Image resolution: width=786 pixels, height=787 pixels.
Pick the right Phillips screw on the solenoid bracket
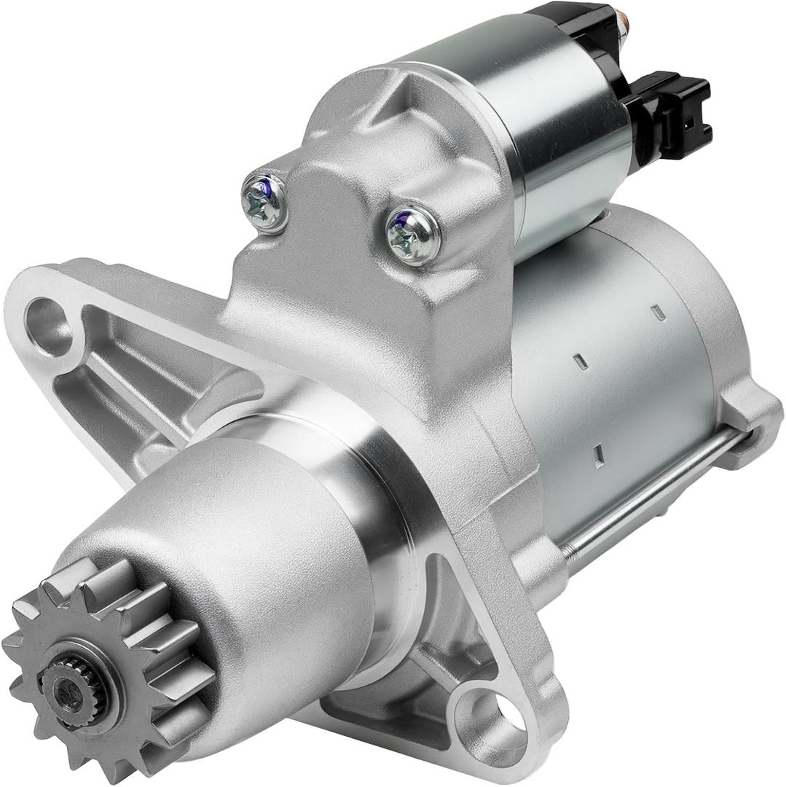412,235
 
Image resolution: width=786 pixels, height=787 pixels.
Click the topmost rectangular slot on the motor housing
658,313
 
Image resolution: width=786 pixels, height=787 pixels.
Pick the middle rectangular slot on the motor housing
581,361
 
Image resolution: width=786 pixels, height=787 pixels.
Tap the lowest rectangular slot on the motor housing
598,455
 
